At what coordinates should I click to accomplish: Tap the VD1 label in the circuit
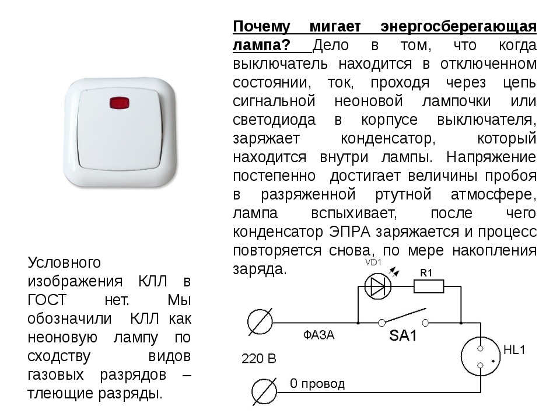pyautogui.click(x=373, y=262)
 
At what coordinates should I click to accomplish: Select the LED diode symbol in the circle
pyautogui.click(x=378, y=286)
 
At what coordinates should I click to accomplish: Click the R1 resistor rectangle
pyautogui.click(x=429, y=286)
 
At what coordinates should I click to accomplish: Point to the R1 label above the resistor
pyautogui.click(x=426, y=273)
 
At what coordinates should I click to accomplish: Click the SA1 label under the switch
pyautogui.click(x=403, y=336)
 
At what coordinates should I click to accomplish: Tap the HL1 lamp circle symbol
pyautogui.click(x=480, y=356)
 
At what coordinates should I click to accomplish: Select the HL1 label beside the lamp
pyautogui.click(x=514, y=349)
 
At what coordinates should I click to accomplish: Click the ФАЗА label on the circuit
pyautogui.click(x=318, y=335)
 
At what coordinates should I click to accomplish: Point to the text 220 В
pyautogui.click(x=259, y=359)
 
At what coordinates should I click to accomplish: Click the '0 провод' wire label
pyautogui.click(x=317, y=384)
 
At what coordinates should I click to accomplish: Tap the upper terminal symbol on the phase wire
pyautogui.click(x=260, y=322)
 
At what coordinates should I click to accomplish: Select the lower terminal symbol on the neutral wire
pyautogui.click(x=264, y=392)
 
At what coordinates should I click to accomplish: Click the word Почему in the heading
pyautogui.click(x=262, y=27)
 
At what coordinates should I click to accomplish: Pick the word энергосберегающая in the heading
pyautogui.click(x=459, y=27)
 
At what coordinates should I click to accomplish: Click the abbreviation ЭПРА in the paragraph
pyautogui.click(x=349, y=232)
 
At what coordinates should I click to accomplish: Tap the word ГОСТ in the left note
pyautogui.click(x=47, y=300)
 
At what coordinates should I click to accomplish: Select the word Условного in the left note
pyautogui.click(x=64, y=262)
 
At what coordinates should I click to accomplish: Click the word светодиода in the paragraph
pyautogui.click(x=274, y=120)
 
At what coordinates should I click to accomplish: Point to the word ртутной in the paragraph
pyautogui.click(x=404, y=195)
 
